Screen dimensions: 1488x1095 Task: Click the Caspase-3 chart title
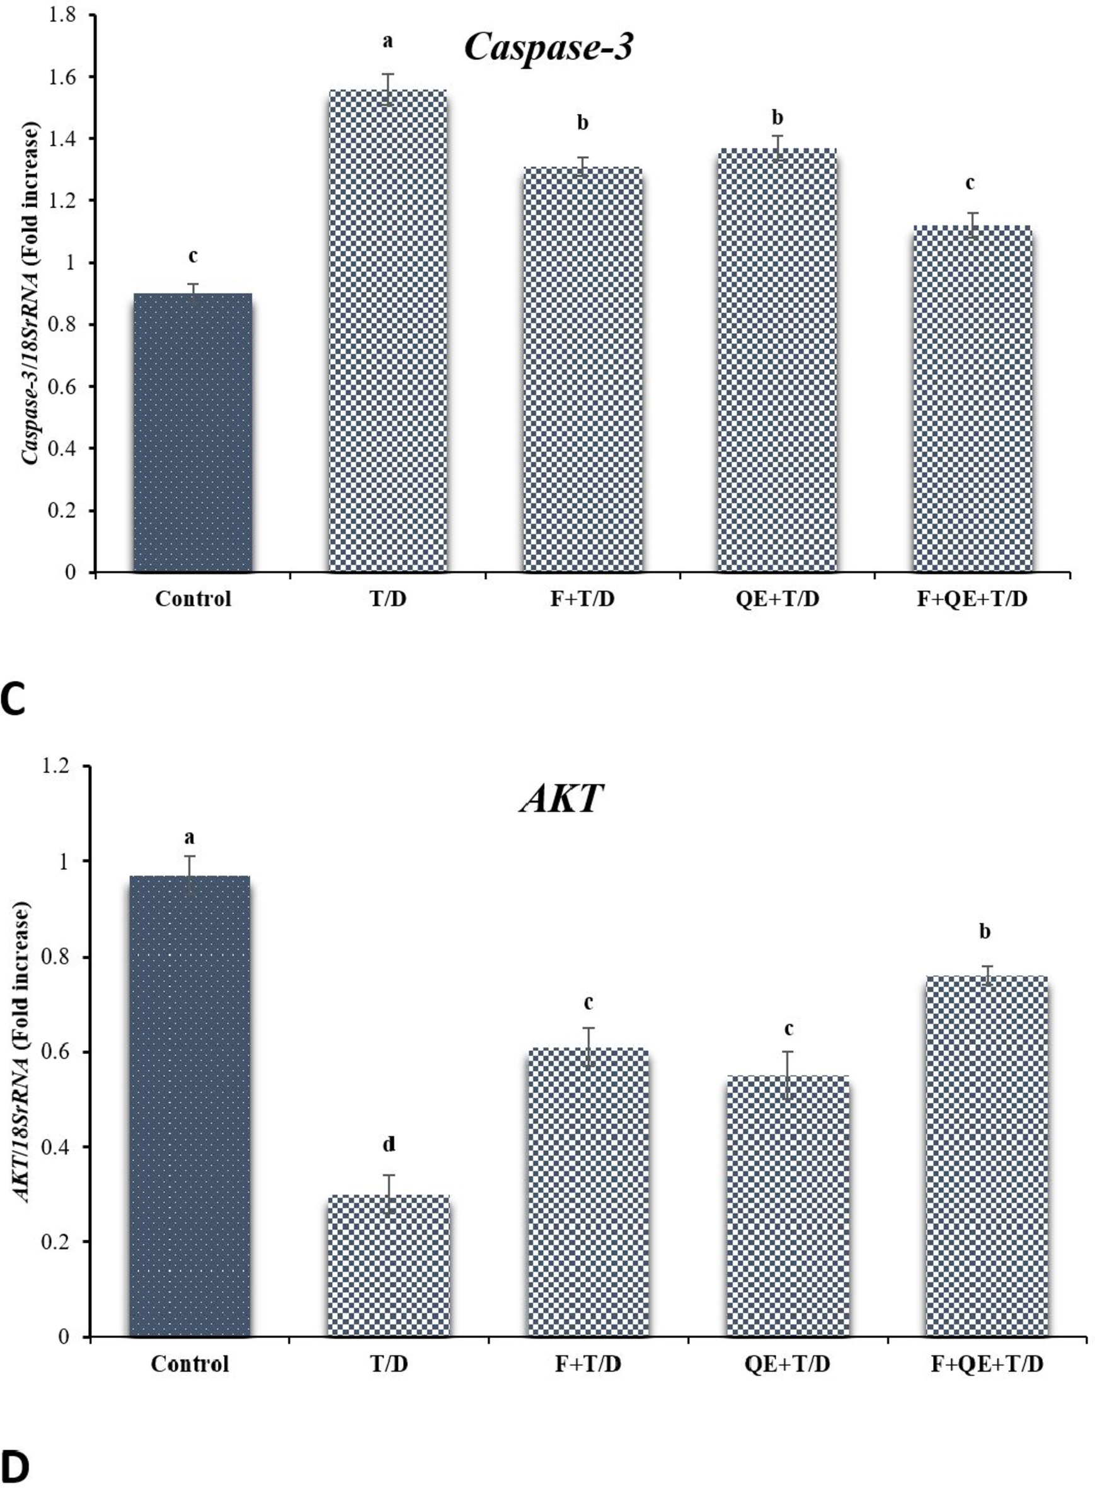pyautogui.click(x=548, y=49)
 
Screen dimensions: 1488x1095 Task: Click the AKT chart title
pyautogui.click(x=562, y=799)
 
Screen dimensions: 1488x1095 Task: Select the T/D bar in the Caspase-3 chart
pyautogui.click(x=387, y=331)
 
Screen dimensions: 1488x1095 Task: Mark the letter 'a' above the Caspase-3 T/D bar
pyautogui.click(x=387, y=41)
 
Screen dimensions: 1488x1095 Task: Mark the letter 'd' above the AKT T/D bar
pyautogui.click(x=389, y=1145)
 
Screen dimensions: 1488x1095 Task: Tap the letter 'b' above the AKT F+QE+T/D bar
pyautogui.click(x=985, y=932)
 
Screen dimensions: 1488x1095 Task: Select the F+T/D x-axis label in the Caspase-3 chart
pyautogui.click(x=583, y=599)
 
